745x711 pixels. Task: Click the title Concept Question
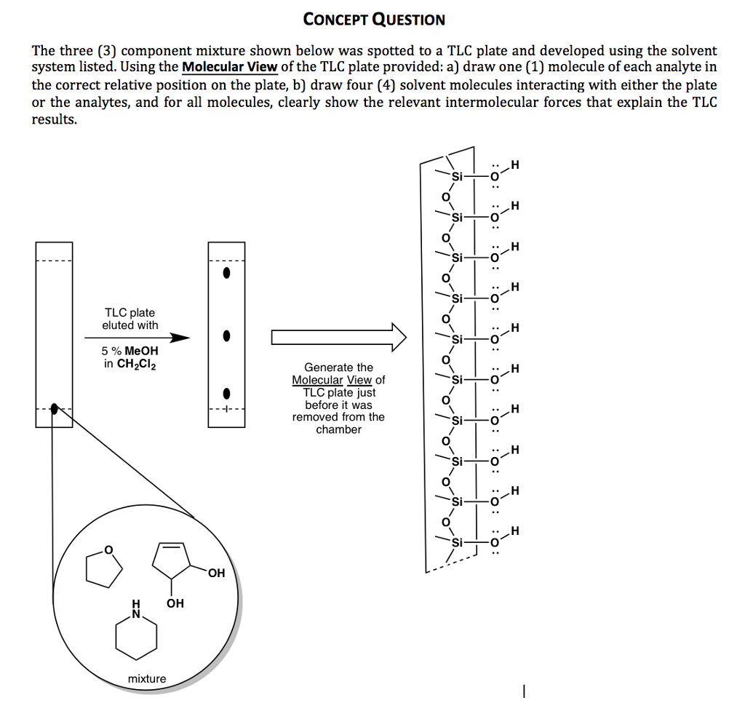(x=374, y=20)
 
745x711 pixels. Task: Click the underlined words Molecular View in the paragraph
(x=229, y=68)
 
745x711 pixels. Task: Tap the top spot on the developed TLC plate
(x=227, y=274)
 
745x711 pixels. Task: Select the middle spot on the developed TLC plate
(x=227, y=336)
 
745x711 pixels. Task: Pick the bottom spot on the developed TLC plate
(x=227, y=394)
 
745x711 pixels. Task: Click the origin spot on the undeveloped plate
(x=54, y=409)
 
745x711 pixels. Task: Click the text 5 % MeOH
(x=130, y=351)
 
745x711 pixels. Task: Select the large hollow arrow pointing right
(x=338, y=337)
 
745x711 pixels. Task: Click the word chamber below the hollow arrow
(x=338, y=429)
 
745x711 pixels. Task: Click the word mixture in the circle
(x=147, y=679)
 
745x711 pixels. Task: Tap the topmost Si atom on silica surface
(x=457, y=177)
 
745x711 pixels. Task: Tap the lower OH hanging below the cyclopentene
(x=175, y=604)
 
